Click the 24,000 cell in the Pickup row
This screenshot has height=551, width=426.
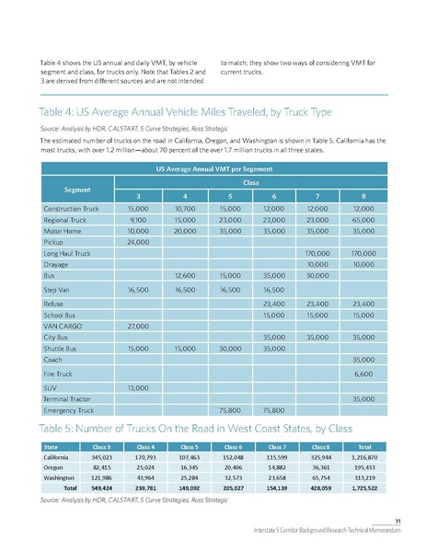(x=138, y=242)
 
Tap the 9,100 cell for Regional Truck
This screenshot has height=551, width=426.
(x=138, y=222)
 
